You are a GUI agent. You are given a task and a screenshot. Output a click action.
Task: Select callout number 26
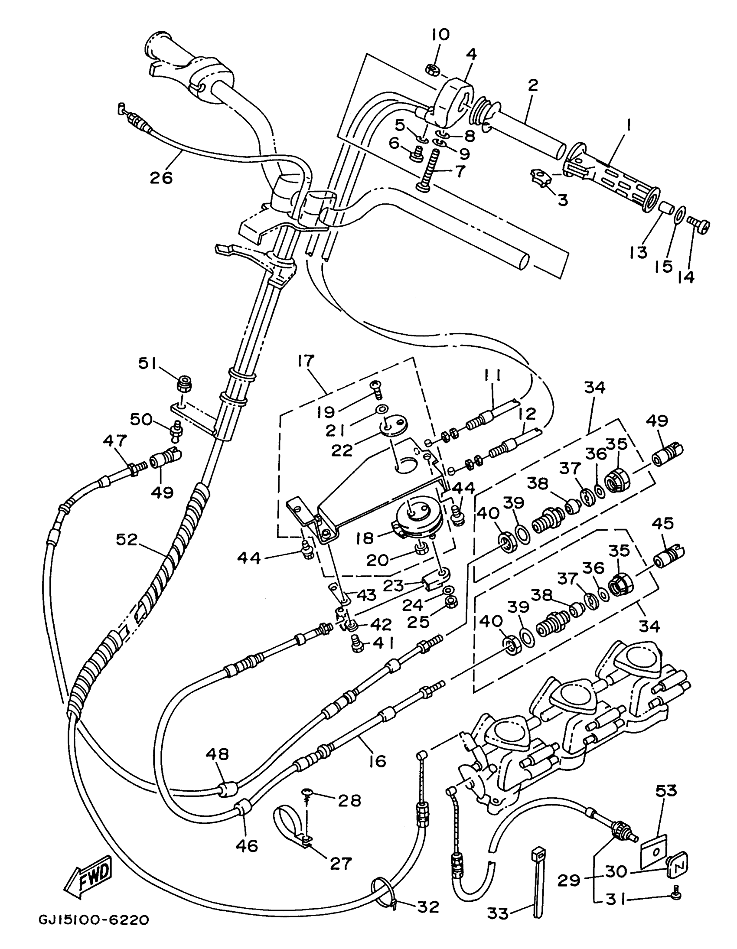pyautogui.click(x=161, y=177)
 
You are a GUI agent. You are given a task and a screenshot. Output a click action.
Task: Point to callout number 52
pyautogui.click(x=127, y=540)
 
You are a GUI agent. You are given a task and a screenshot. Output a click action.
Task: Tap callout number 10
pyautogui.click(x=440, y=35)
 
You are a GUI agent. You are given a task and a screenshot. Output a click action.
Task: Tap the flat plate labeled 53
pyautogui.click(x=655, y=848)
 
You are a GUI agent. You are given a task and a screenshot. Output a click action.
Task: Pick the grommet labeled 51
pyautogui.click(x=184, y=384)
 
